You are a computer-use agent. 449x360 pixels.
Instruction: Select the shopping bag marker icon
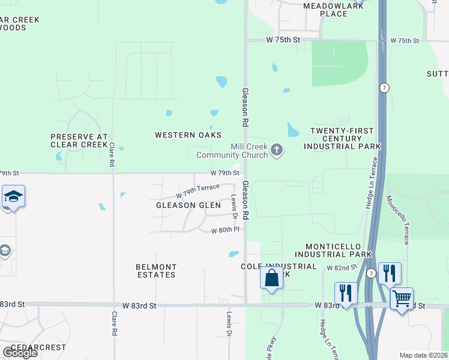tap(272, 278)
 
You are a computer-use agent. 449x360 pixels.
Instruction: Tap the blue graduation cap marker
tap(13, 197)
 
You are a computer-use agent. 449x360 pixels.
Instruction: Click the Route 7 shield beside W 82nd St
tap(372, 274)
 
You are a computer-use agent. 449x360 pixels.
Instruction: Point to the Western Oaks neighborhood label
tap(188, 135)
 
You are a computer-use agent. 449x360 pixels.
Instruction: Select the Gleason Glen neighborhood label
tap(184, 205)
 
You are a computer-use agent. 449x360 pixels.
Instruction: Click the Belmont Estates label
tap(156, 271)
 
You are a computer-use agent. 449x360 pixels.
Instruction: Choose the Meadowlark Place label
tap(325, 10)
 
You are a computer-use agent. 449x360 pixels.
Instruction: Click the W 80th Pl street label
tap(225, 230)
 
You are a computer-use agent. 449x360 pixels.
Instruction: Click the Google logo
tap(19, 352)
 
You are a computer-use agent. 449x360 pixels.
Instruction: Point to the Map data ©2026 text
tap(423, 355)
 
